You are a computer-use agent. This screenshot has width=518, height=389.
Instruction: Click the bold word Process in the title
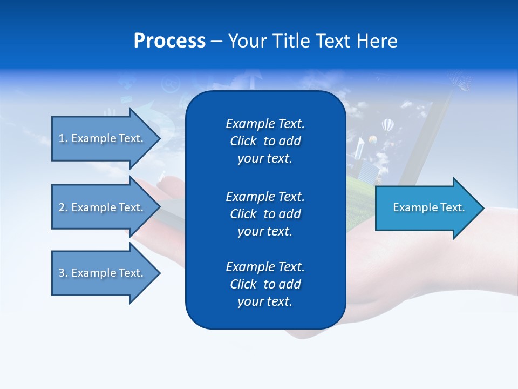pos(169,41)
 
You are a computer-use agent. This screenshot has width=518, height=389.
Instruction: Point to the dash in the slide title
pos(216,42)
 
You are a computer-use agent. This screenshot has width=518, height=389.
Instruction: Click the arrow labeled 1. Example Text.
pos(103,138)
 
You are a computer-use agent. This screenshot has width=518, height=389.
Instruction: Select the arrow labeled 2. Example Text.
pos(103,207)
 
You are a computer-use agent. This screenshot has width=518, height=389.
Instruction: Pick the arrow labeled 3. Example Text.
pos(103,273)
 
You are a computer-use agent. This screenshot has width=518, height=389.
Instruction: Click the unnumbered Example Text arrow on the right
pos(426,208)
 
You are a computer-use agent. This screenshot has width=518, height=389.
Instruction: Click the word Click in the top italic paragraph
pos(243,141)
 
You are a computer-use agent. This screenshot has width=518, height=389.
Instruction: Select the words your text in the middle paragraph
pos(265,231)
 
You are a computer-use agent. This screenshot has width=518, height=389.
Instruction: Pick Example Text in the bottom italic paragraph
pos(265,267)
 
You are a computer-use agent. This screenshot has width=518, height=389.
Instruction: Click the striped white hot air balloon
pos(387,126)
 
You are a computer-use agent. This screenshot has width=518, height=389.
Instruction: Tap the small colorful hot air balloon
pos(372,139)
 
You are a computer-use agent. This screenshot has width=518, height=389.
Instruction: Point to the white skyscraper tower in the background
pos(360,149)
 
